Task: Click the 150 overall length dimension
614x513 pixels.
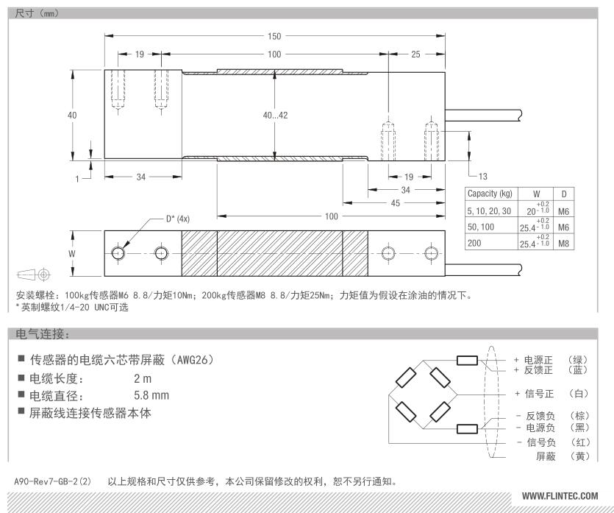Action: point(274,36)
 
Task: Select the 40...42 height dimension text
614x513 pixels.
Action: point(275,116)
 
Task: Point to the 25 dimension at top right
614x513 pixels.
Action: point(415,54)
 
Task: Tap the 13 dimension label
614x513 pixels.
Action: point(483,177)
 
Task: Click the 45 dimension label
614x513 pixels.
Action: point(396,203)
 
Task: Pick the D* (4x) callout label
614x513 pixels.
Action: point(178,219)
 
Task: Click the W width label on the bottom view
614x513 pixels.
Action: point(71,254)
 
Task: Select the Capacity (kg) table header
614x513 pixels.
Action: point(490,194)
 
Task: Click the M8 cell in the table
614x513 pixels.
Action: point(563,244)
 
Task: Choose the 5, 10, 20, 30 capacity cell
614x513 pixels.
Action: point(489,211)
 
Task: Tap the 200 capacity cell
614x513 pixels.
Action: point(474,243)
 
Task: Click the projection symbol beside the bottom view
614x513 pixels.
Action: point(34,274)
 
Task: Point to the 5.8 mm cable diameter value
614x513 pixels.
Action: point(151,395)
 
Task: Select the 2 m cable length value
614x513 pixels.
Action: point(143,378)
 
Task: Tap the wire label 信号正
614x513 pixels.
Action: point(539,394)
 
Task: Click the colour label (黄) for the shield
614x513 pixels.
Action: point(579,456)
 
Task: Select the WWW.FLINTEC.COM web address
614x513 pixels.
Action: point(560,496)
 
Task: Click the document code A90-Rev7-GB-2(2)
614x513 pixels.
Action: point(52,481)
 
